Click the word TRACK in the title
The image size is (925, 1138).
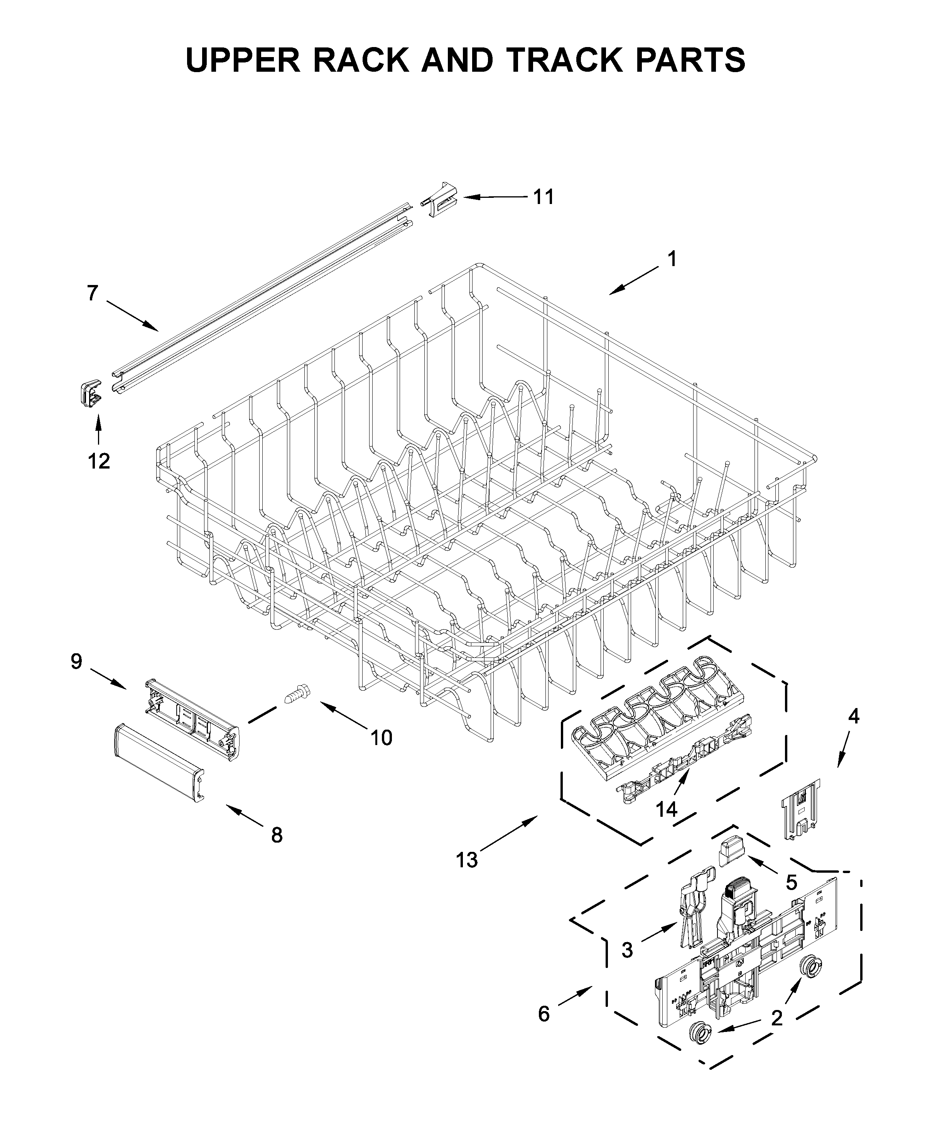click(565, 60)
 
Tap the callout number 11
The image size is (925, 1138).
click(544, 197)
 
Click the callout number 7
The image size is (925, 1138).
click(93, 293)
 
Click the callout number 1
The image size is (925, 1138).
click(672, 260)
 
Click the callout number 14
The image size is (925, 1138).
click(666, 809)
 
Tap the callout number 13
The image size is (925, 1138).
click(467, 860)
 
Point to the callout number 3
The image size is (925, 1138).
click(627, 949)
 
